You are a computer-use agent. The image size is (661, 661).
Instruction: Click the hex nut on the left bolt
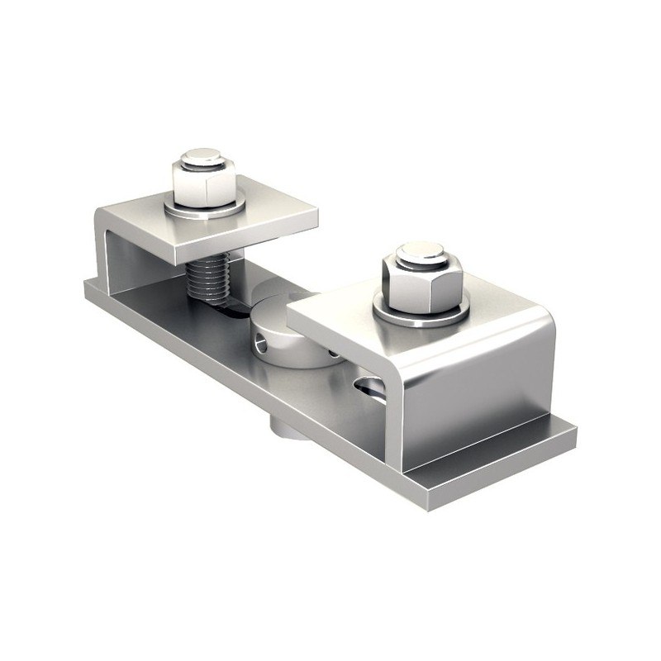point(204,183)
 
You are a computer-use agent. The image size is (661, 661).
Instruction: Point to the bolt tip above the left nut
point(202,155)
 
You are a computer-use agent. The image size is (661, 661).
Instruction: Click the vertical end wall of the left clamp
point(103,248)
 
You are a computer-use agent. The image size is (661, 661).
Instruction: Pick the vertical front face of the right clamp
point(475,405)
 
